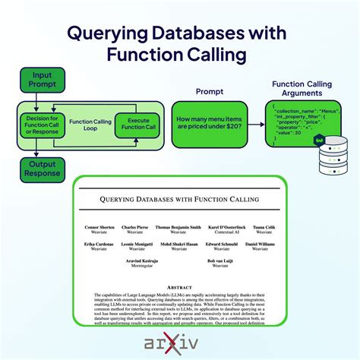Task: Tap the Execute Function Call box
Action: pyautogui.click(x=137, y=124)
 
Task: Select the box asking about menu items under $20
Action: pyautogui.click(x=210, y=125)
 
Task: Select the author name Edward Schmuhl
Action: pyautogui.click(x=222, y=244)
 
